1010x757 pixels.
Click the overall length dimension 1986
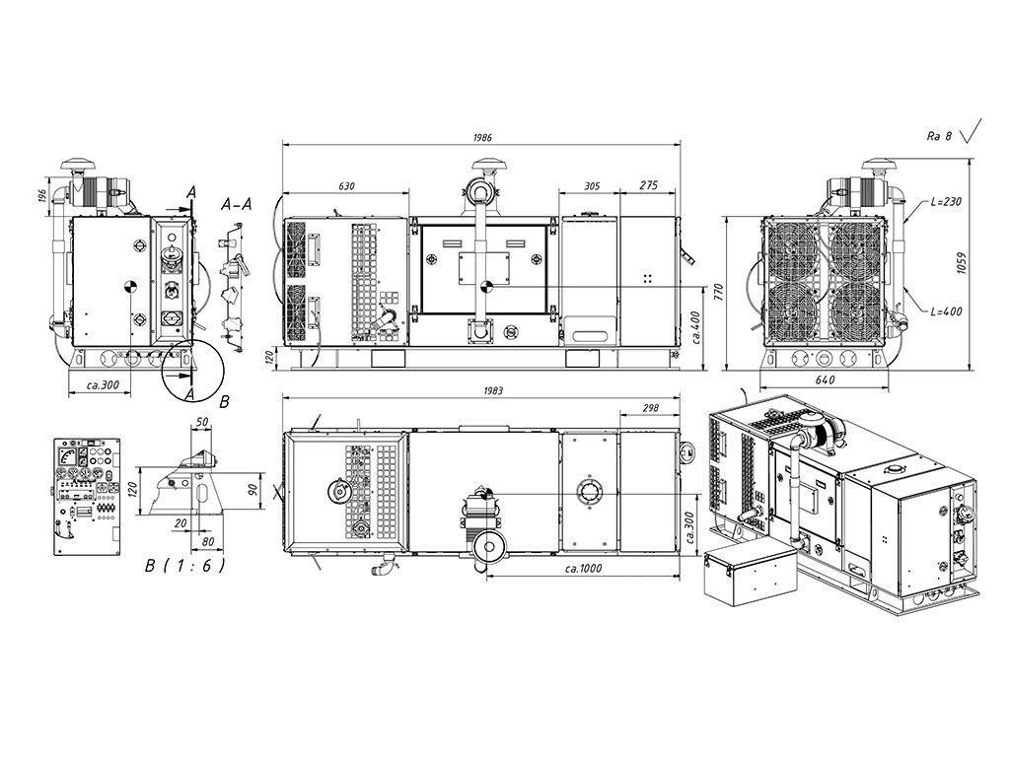click(481, 137)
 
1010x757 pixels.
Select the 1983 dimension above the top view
click(493, 390)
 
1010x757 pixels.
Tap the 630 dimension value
click(345, 185)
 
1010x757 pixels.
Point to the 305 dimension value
click(592, 185)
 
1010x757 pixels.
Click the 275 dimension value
click(649, 185)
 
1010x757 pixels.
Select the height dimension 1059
click(986, 263)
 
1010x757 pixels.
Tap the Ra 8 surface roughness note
click(939, 136)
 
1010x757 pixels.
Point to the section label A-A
click(237, 205)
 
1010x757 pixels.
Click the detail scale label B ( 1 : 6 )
click(184, 566)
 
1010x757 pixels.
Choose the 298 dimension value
click(649, 407)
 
